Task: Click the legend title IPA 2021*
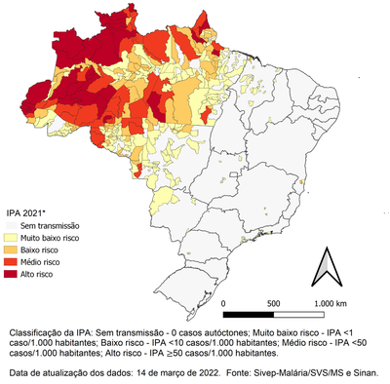(28, 211)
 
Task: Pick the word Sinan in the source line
(375, 373)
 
